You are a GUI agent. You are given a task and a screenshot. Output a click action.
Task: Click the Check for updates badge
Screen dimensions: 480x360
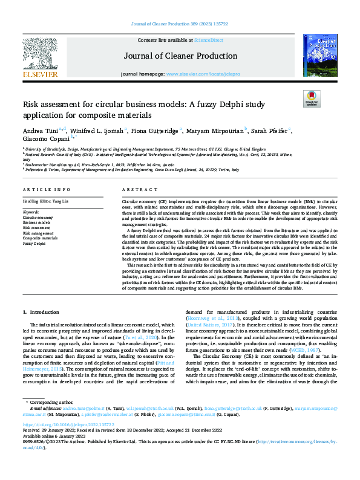[x=311, y=100]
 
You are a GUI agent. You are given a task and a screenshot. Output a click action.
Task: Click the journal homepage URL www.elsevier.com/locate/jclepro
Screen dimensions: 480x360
[x=200, y=74]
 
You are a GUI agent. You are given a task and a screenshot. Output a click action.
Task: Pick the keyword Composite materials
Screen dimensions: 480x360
[x=40, y=238]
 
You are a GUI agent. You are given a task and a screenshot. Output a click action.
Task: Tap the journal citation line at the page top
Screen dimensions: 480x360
[x=180, y=24]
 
